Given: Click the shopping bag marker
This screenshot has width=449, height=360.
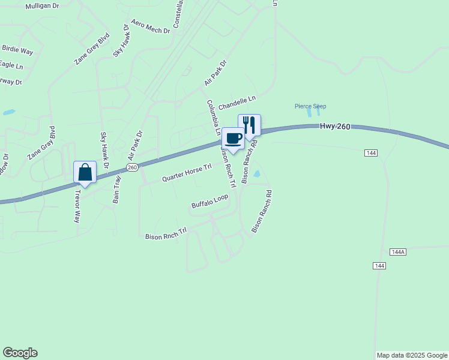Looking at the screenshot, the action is click(85, 173).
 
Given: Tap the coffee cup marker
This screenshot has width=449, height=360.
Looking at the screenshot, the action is click(234, 139).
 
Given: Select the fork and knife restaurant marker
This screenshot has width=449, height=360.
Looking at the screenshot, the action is click(249, 125).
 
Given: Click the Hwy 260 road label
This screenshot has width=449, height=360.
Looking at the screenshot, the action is click(333, 126).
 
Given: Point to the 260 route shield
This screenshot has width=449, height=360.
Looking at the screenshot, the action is click(133, 167).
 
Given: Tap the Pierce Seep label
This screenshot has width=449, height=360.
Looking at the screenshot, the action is click(310, 106).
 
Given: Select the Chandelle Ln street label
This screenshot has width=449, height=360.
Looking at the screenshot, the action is click(237, 103).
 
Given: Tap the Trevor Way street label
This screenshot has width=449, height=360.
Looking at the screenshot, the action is click(77, 206).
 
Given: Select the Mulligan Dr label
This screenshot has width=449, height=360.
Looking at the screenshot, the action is click(43, 6).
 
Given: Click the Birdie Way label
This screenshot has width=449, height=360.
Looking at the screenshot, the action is click(17, 50).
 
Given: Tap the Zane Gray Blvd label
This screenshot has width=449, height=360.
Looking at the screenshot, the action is click(41, 143).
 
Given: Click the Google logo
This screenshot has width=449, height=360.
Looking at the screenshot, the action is click(20, 353).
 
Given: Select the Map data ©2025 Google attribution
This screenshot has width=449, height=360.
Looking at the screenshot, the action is click(412, 355).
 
